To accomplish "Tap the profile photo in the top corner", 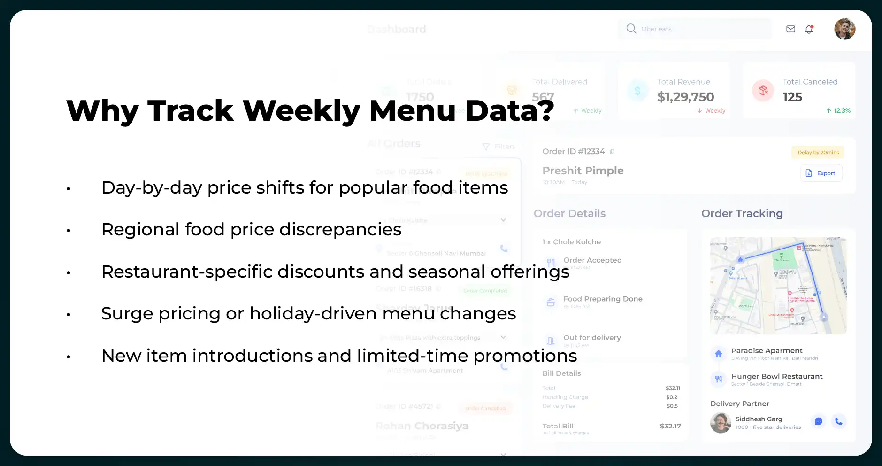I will [x=844, y=29].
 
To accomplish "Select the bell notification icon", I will [x=809, y=29].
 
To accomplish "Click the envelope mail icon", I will [x=790, y=29].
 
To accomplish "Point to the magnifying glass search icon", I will [x=631, y=29].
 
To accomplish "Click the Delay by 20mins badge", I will [x=818, y=152].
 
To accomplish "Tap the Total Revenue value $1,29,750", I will [x=685, y=97].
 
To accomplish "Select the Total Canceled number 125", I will [x=792, y=97].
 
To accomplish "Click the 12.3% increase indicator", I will [x=838, y=111].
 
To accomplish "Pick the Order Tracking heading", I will [x=742, y=213].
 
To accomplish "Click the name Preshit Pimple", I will [x=583, y=171].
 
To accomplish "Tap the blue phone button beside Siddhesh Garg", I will [x=838, y=421].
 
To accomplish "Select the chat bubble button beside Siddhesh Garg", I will [x=818, y=421].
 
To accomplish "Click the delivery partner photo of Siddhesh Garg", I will [x=721, y=423].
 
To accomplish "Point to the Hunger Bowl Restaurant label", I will [x=776, y=376].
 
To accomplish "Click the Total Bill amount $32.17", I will [x=670, y=426].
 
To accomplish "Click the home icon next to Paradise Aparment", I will [x=718, y=354].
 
